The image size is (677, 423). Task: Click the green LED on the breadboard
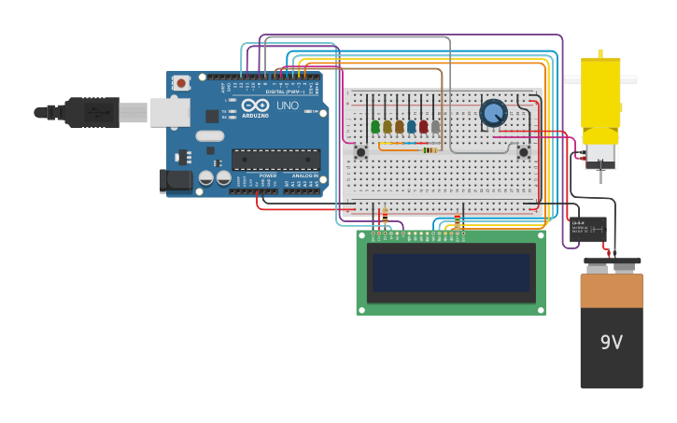tap(375, 126)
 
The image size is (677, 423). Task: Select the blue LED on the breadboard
tap(411, 126)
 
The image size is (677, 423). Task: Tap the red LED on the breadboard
tap(423, 126)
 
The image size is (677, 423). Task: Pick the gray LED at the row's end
tap(435, 126)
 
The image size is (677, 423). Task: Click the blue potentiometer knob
tap(493, 113)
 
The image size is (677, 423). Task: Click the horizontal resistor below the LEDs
tap(430, 149)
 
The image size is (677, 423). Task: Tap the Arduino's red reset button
tap(181, 82)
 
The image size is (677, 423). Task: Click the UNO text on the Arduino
tap(287, 106)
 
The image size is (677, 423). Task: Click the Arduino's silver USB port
tap(169, 112)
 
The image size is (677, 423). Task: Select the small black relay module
tap(587, 228)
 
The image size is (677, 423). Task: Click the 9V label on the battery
tap(611, 343)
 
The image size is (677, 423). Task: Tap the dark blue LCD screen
tap(451, 273)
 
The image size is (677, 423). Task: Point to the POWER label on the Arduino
tap(268, 176)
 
